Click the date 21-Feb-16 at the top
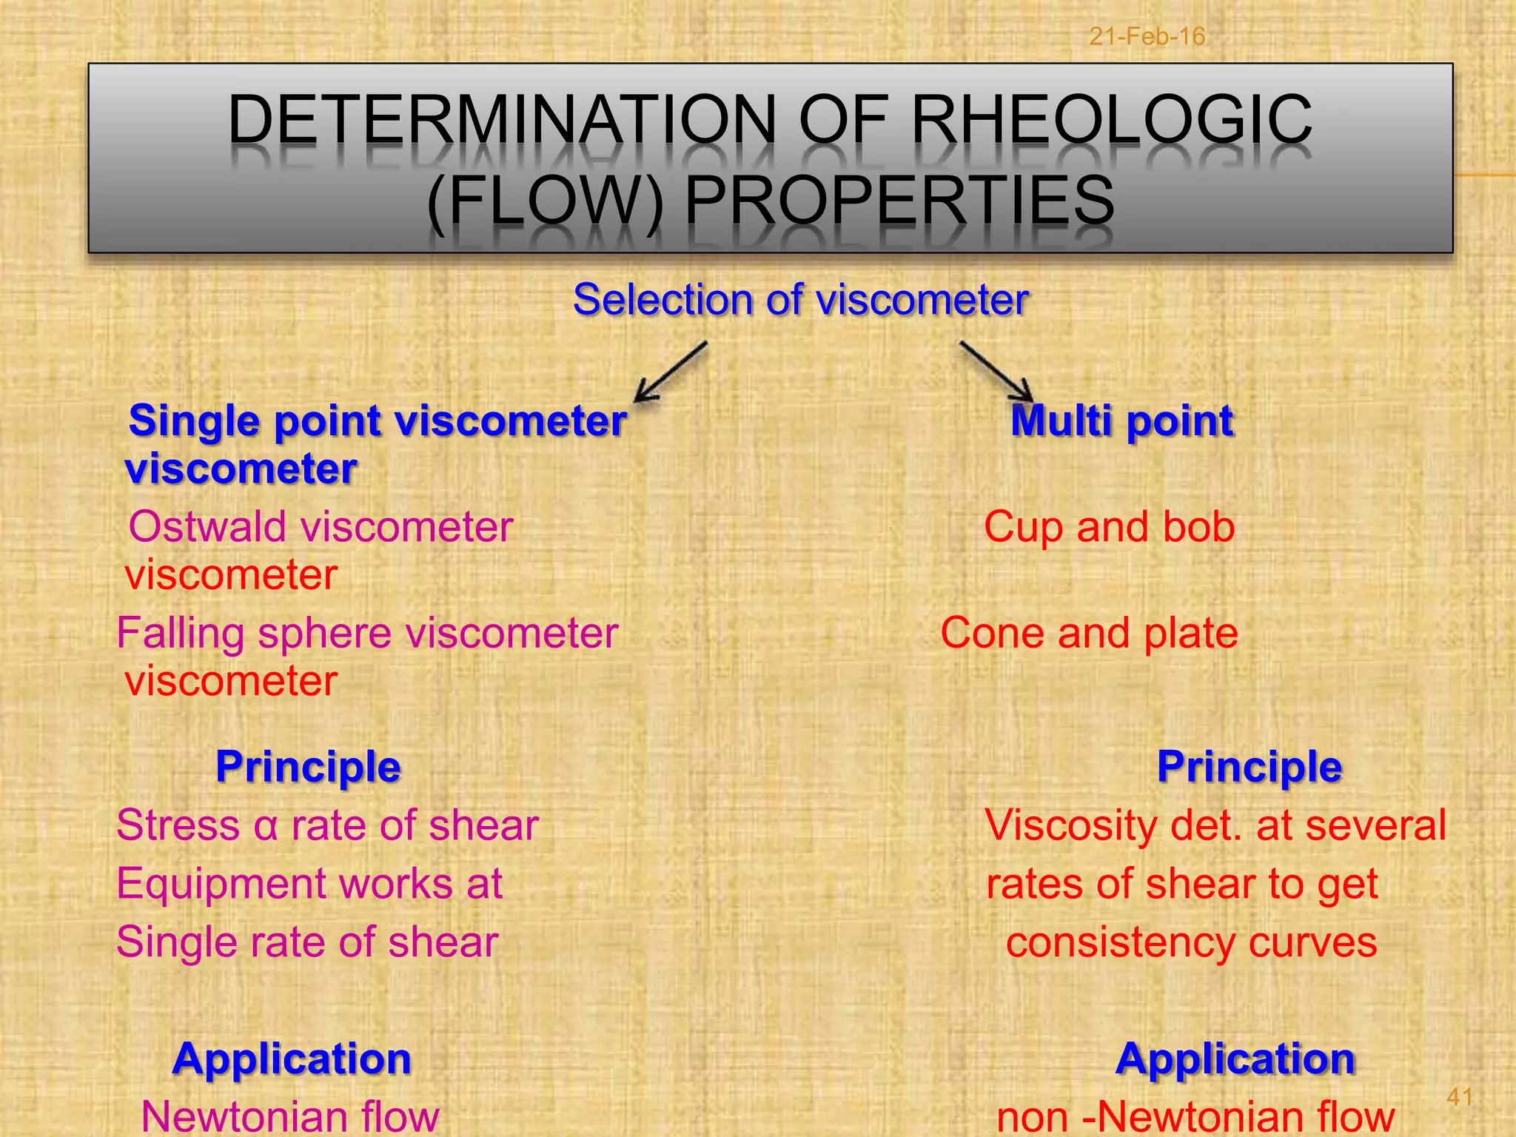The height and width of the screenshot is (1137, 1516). [1147, 36]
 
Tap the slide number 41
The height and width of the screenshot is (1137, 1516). [1459, 1096]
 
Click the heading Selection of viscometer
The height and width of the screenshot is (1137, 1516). [800, 300]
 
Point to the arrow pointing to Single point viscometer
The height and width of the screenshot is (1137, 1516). [671, 372]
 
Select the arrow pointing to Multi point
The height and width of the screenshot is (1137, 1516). [996, 372]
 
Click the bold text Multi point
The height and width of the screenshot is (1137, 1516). [1121, 421]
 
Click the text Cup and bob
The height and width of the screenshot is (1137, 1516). [1109, 527]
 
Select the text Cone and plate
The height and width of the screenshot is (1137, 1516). [1089, 634]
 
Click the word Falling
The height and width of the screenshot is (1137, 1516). [181, 634]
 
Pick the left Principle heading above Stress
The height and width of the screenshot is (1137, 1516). [308, 766]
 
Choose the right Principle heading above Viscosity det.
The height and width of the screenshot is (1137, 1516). [1249, 766]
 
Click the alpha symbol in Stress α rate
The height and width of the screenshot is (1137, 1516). [265, 826]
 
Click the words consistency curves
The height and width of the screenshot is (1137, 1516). [1191, 942]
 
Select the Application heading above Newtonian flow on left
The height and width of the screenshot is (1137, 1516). [292, 1059]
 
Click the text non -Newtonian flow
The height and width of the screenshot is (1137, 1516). [1195, 1116]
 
